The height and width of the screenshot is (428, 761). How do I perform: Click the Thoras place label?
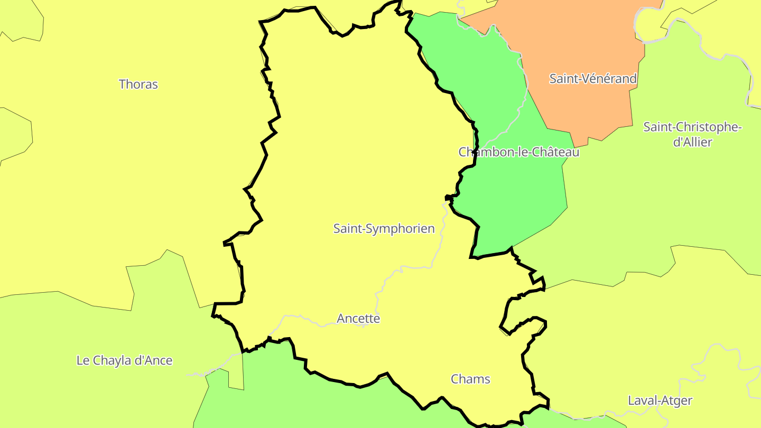tap(138, 84)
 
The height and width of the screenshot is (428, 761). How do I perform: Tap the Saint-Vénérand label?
tap(593, 79)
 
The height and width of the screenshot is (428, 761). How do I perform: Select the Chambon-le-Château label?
tap(518, 152)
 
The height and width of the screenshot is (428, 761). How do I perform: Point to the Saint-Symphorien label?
tap(384, 228)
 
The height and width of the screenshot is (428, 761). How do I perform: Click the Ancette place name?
tap(358, 319)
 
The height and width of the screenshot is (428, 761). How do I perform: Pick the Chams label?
tap(470, 379)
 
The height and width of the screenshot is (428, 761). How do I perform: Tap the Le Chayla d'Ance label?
tap(124, 360)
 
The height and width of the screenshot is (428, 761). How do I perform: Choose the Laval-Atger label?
tap(660, 401)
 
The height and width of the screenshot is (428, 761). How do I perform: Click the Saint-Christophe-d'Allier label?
tap(692, 134)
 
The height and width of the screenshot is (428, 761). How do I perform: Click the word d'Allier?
tap(692, 142)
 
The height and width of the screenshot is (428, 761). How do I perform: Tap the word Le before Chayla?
tap(83, 360)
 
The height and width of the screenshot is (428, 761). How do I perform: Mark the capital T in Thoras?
tap(123, 84)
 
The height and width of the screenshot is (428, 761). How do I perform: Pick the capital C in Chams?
tap(455, 379)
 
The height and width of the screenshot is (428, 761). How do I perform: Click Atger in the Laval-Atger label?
tap(676, 401)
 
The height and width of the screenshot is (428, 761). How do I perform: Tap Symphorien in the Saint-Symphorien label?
tap(402, 228)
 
